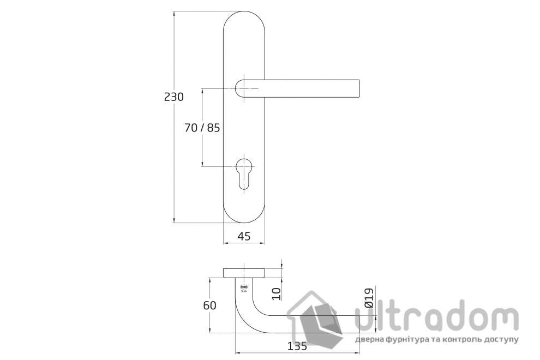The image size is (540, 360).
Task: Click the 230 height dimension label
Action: click(x=173, y=97)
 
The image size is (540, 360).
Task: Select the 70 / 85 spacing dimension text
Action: click(x=202, y=128)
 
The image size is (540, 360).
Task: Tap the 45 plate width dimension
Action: click(x=244, y=236)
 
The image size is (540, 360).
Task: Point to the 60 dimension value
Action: click(x=209, y=305)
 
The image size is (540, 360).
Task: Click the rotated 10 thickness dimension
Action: click(x=275, y=293)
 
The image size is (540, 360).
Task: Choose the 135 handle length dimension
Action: click(x=297, y=346)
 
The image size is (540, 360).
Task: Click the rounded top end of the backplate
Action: click(x=244, y=19)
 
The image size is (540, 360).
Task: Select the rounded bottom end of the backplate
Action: click(x=244, y=215)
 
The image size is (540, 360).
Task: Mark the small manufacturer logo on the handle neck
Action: click(x=244, y=288)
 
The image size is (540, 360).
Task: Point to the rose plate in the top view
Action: click(x=244, y=272)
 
